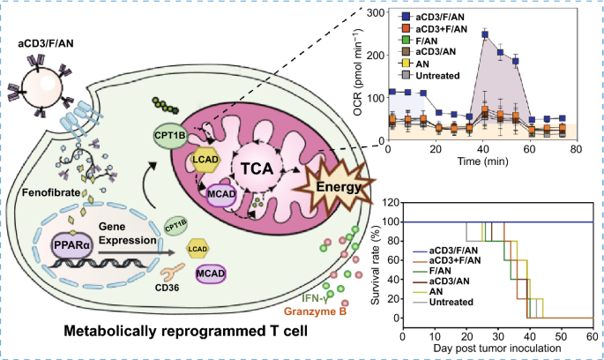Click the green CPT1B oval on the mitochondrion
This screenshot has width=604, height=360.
170,135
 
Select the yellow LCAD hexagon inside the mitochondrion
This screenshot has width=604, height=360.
205,159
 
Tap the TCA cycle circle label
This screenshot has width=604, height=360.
257,169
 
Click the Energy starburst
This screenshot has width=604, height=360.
334,188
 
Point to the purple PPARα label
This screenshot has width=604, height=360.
72,244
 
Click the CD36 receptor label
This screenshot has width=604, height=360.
168,287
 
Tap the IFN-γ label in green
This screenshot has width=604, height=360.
315,298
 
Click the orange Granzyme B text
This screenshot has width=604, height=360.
315,311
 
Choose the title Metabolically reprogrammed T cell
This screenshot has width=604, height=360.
186,331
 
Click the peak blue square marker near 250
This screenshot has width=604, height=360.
485,34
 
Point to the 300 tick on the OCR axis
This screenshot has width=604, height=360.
376,12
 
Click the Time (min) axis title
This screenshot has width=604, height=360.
482,161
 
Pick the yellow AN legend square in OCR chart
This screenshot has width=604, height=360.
406,64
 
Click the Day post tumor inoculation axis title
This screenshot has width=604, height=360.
497,348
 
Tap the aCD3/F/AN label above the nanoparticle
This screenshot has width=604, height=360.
46,43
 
